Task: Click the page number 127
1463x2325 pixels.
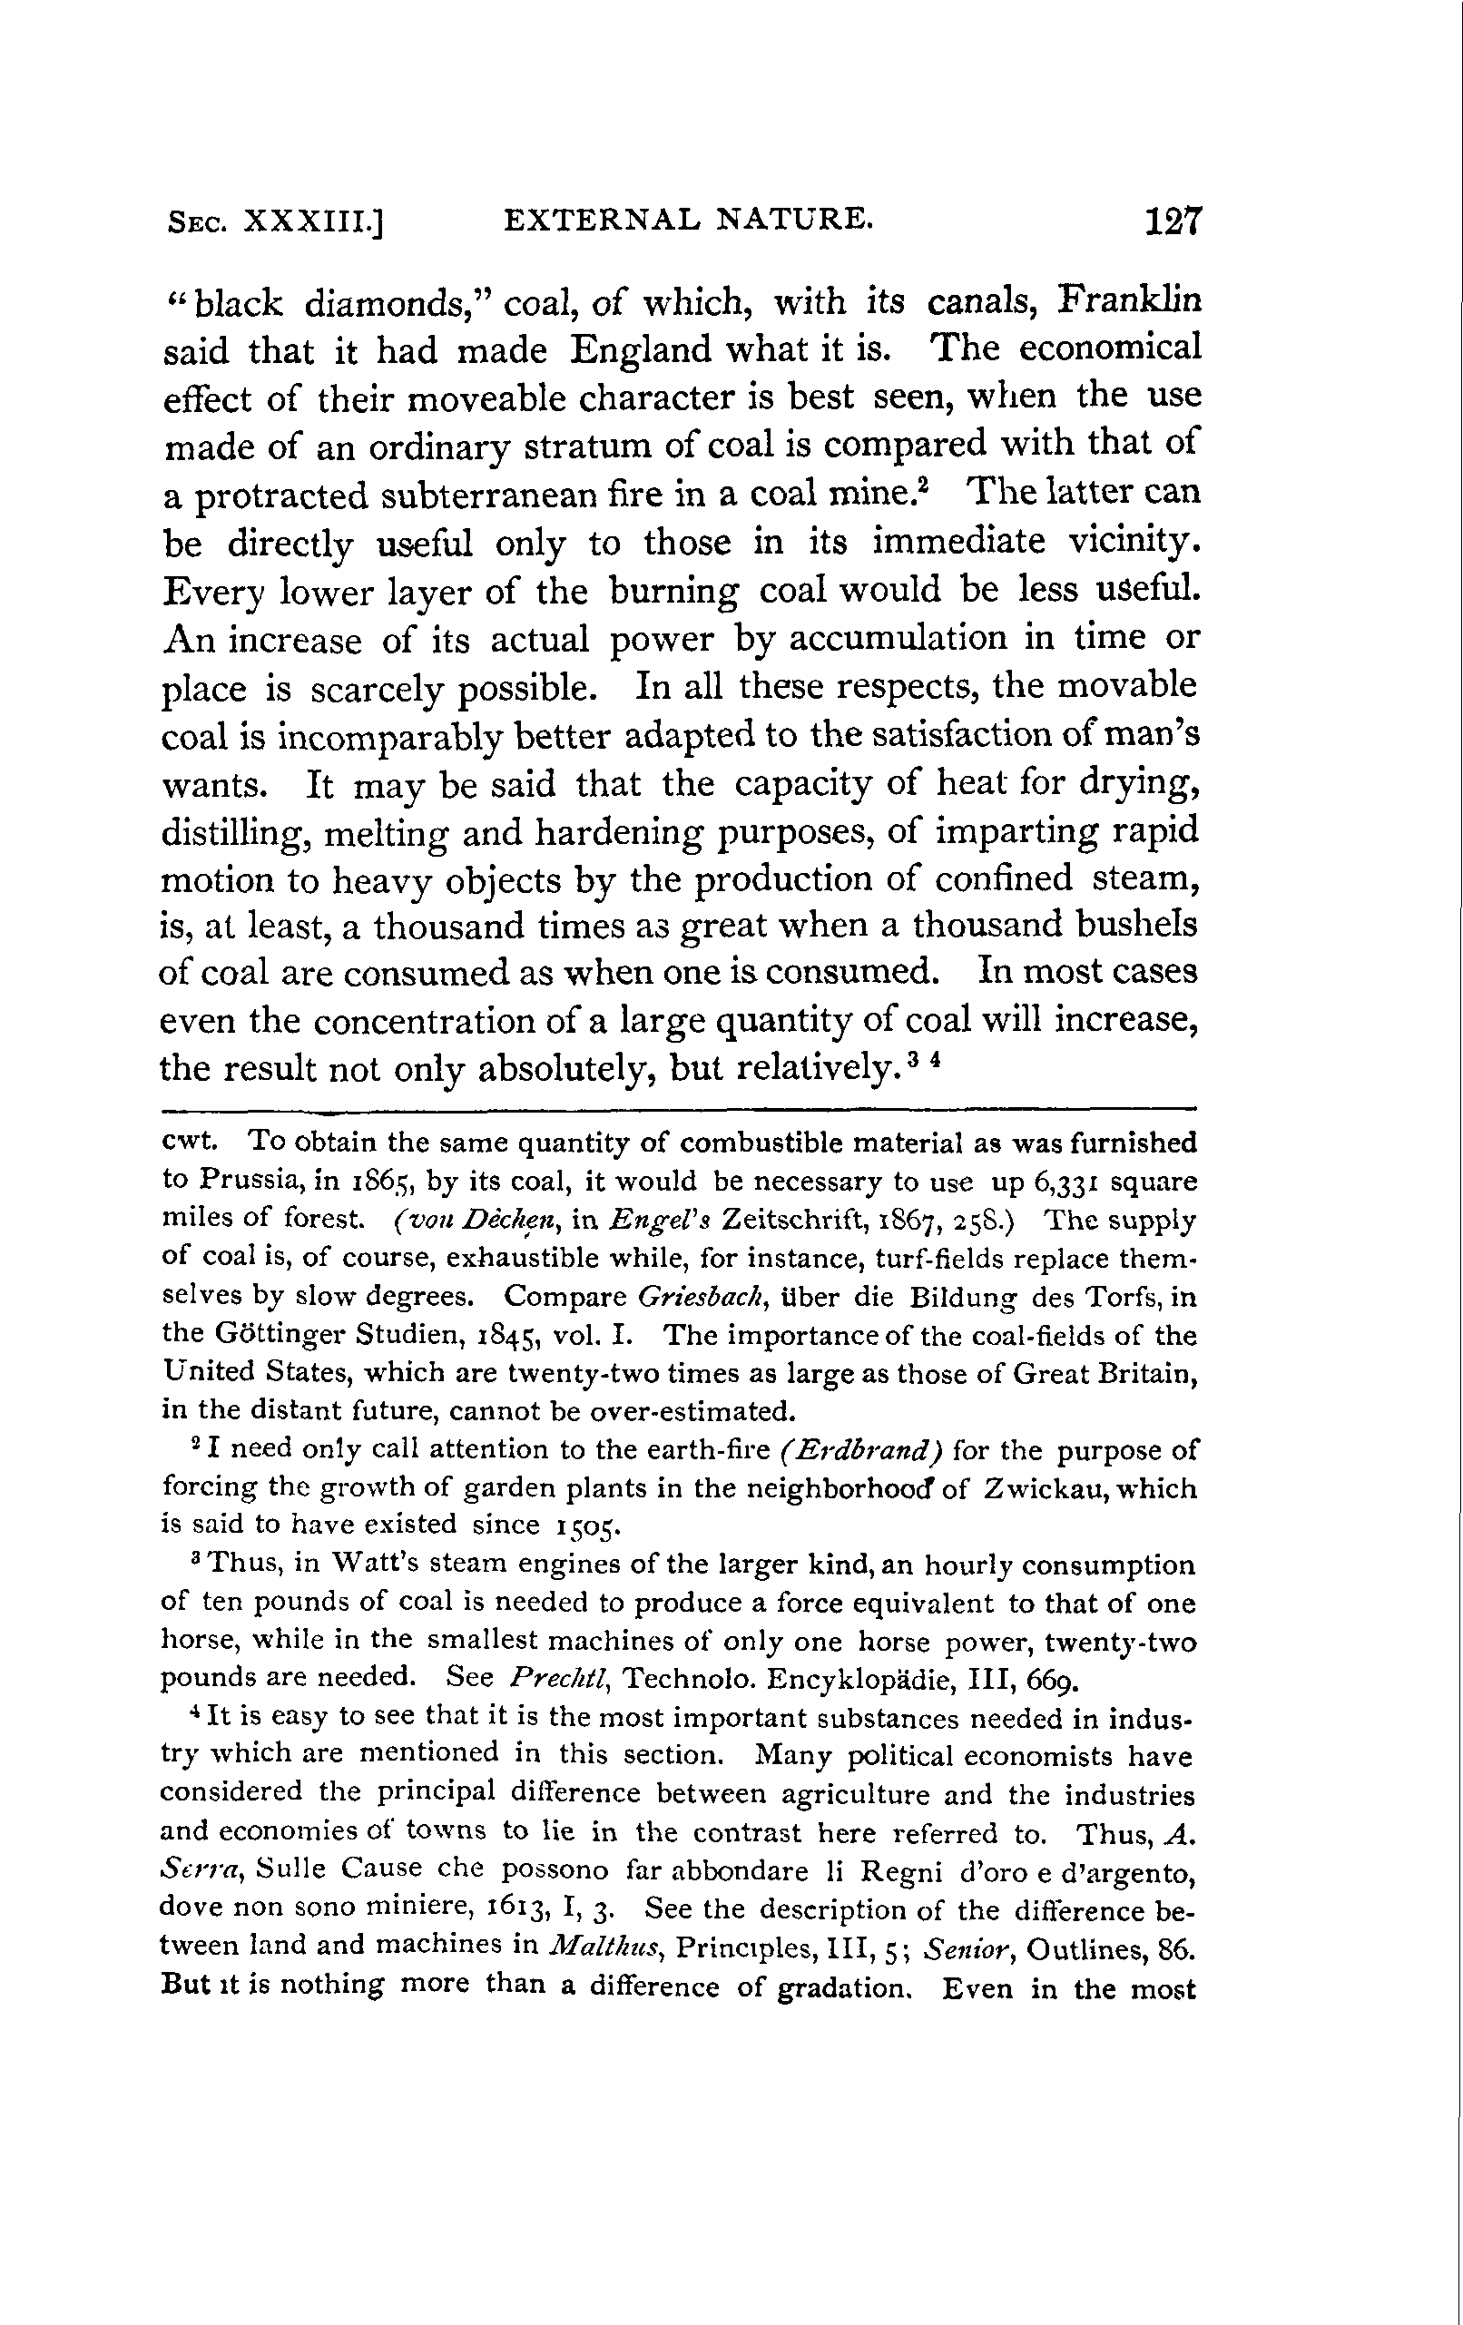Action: (x=1172, y=224)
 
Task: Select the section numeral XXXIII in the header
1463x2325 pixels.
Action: (x=313, y=224)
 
